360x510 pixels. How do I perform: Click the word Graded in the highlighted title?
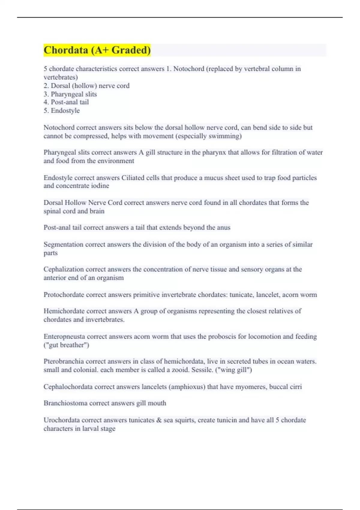click(x=131, y=50)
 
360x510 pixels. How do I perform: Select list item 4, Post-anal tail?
click(x=66, y=102)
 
